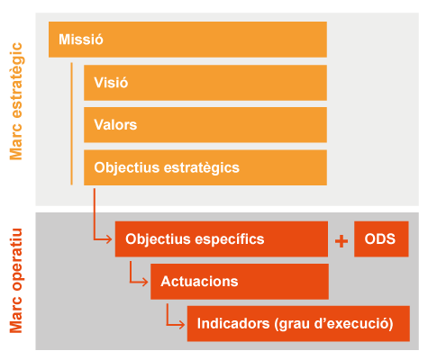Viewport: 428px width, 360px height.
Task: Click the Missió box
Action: [187, 40]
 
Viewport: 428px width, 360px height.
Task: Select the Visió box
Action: [205, 83]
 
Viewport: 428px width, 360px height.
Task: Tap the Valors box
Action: [205, 125]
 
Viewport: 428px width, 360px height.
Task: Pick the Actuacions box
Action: [240, 282]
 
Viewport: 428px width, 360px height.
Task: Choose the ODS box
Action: [381, 239]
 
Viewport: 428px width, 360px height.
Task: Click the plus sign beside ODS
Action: [341, 241]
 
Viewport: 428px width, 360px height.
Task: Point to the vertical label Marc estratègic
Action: [16, 101]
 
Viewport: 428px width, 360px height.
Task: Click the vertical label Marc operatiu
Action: [16, 281]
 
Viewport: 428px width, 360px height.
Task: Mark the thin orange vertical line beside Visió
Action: [71, 123]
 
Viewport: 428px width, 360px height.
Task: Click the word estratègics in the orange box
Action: [202, 168]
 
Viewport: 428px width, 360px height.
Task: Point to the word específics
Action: [230, 239]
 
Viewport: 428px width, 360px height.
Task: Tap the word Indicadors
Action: [233, 324]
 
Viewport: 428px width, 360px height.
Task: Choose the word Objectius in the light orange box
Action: [127, 168]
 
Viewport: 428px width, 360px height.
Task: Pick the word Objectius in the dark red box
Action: [159, 239]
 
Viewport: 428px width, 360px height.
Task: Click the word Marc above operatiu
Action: [16, 315]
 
